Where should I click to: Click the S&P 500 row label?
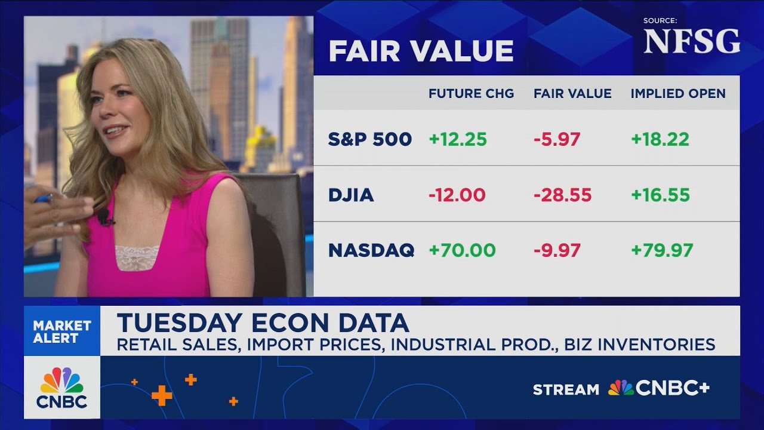(x=370, y=140)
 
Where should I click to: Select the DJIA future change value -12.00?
(x=457, y=195)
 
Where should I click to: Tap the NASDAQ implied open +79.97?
(x=662, y=250)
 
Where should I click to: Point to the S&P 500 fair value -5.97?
(x=556, y=140)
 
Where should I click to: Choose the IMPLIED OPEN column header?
(x=678, y=94)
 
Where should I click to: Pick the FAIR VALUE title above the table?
(x=421, y=51)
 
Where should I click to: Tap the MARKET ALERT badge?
(x=62, y=331)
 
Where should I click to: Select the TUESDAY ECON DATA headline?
(x=263, y=323)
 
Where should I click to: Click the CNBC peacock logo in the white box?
(x=62, y=387)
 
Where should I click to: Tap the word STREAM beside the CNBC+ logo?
(x=566, y=390)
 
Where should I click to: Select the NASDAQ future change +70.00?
(x=462, y=250)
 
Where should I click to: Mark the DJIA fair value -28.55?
(x=562, y=195)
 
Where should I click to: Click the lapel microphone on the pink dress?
(x=104, y=216)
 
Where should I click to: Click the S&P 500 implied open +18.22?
(x=660, y=140)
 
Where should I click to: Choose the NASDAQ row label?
(x=371, y=250)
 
